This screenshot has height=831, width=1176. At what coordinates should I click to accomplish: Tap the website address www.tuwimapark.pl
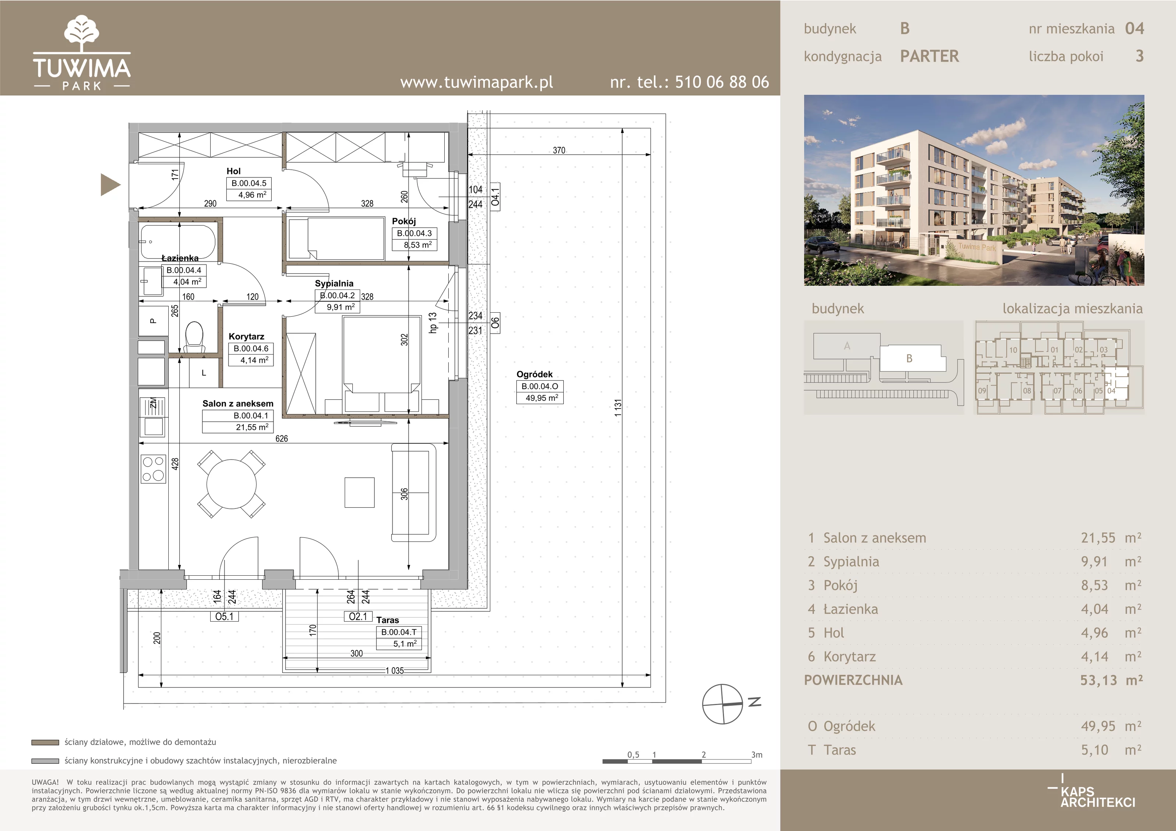tap(476, 82)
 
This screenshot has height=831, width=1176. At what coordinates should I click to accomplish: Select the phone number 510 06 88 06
tap(722, 82)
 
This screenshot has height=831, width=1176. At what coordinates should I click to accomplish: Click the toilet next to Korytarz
tap(194, 336)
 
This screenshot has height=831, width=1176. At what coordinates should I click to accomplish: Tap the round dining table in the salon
tap(232, 484)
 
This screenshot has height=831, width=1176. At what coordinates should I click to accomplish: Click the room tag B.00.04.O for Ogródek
tap(540, 386)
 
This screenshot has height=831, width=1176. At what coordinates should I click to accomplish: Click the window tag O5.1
tap(224, 616)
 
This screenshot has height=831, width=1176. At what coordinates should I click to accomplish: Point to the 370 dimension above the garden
tap(559, 150)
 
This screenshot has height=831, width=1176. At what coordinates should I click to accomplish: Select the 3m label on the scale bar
tap(757, 755)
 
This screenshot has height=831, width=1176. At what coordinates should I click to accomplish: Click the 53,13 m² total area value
tap(1111, 680)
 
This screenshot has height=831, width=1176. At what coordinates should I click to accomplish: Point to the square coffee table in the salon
tap(359, 493)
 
